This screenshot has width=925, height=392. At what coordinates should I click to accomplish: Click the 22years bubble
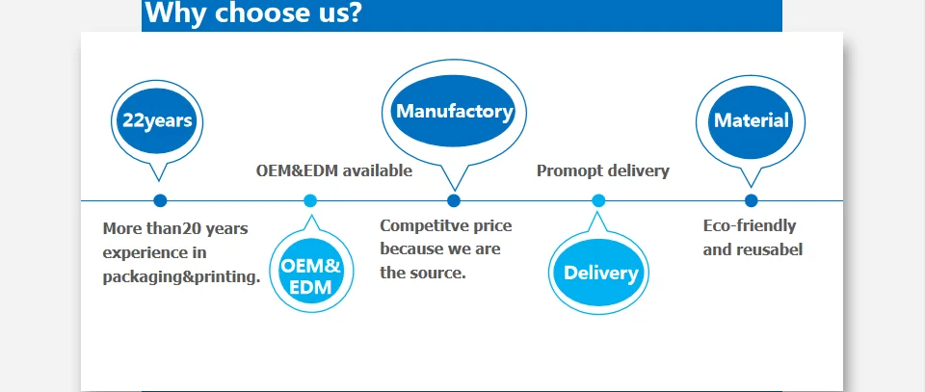click(x=157, y=120)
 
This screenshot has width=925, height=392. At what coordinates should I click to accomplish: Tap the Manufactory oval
click(x=454, y=111)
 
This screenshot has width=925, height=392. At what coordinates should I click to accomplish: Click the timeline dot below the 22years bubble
click(x=160, y=201)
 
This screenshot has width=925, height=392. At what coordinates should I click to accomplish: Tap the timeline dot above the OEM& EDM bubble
click(x=310, y=201)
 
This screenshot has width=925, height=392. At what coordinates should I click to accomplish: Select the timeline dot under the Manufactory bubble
click(x=454, y=201)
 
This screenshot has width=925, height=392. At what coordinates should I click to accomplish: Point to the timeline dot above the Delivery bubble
click(x=598, y=201)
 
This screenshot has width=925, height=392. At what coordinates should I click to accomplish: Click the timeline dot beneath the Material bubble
click(x=751, y=201)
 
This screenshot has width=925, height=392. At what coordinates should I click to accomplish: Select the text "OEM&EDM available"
click(x=334, y=170)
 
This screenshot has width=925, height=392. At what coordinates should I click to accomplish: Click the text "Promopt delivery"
click(x=603, y=170)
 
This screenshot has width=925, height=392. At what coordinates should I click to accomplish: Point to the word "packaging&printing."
click(x=182, y=276)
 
